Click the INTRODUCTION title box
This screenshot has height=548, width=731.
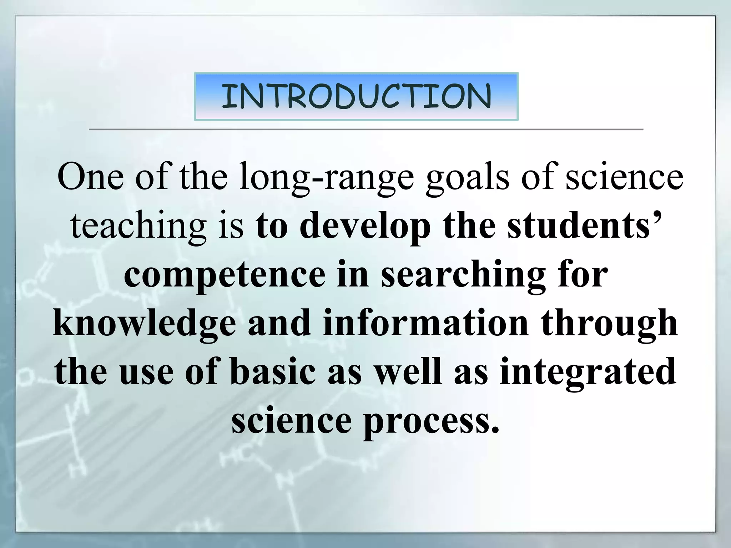click(356, 96)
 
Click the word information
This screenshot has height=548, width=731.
click(425, 323)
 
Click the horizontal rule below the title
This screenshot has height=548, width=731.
click(365, 130)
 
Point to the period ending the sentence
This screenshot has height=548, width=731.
click(494, 430)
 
